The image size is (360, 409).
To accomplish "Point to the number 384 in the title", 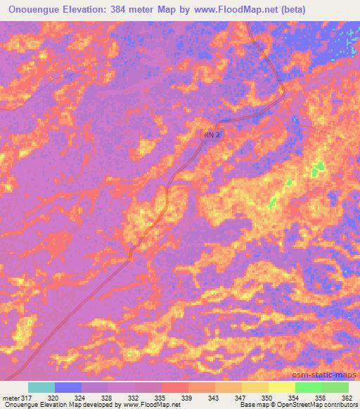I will [127, 9].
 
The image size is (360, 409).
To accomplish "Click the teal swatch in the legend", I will [41, 387].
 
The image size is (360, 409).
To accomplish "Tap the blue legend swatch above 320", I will [68, 387].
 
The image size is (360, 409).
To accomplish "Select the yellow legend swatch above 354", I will [282, 387].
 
